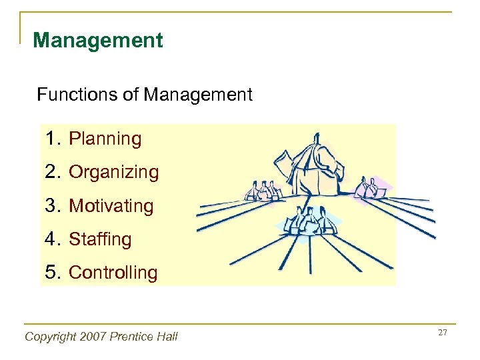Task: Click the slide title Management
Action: pyautogui.click(x=97, y=41)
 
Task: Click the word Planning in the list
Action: pyautogui.click(x=105, y=139)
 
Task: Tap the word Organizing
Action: pyautogui.click(x=114, y=173)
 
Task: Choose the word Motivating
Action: pyautogui.click(x=111, y=206)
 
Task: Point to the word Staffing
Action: pyautogui.click(x=101, y=239)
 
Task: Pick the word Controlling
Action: pyautogui.click(x=113, y=273)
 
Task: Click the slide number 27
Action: pyautogui.click(x=443, y=332)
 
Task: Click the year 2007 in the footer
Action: pyautogui.click(x=91, y=337)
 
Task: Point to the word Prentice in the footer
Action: pyautogui.click(x=131, y=337)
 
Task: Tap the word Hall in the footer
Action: pyautogui.click(x=167, y=337)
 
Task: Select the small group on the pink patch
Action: pyautogui.click(x=369, y=188)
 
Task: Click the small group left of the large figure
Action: pyautogui.click(x=261, y=191)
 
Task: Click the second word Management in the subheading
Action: pyautogui.click(x=198, y=95)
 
